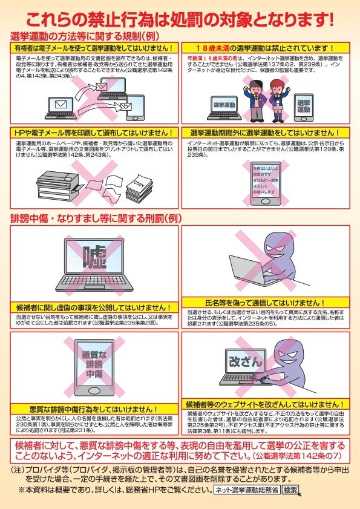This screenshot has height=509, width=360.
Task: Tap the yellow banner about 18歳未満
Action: click(x=265, y=48)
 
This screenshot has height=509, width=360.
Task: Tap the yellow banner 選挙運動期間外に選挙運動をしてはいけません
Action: click(x=265, y=133)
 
